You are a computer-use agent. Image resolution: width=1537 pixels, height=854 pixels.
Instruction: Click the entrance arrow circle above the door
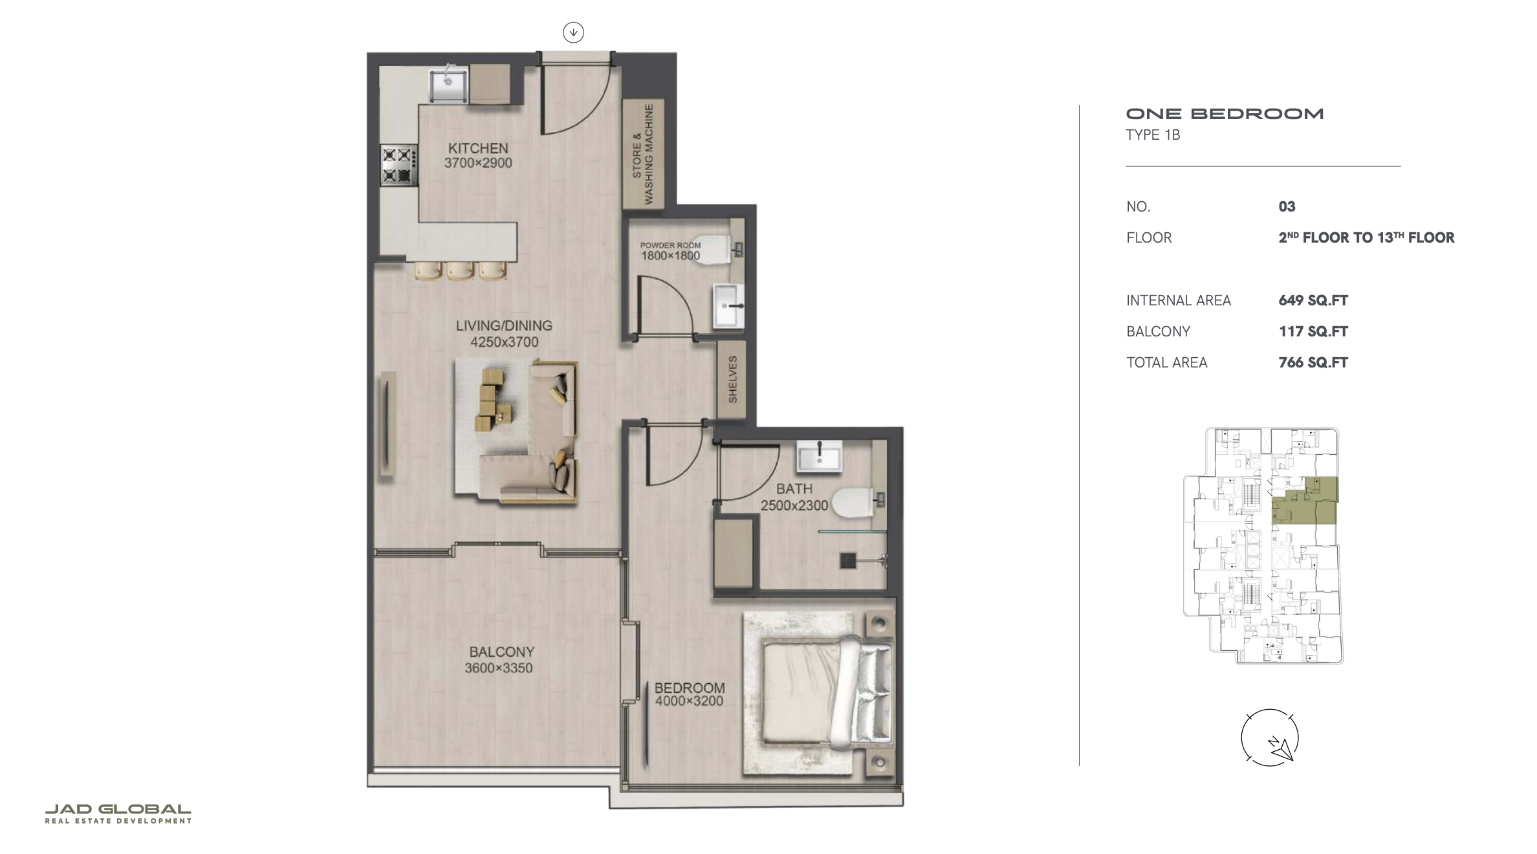[573, 32]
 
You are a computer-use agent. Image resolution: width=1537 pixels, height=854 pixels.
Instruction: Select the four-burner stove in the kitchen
[398, 164]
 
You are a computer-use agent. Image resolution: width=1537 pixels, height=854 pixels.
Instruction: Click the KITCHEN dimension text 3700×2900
[478, 163]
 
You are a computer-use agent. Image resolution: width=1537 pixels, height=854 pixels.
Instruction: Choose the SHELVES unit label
[732, 379]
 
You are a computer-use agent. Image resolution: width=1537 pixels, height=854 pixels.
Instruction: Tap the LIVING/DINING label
[504, 325]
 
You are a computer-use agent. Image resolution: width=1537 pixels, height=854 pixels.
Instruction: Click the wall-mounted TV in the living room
[387, 423]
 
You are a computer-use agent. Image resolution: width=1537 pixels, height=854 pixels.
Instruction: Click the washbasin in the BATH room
[820, 455]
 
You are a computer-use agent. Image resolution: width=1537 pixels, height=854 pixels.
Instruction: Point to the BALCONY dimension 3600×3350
[499, 668]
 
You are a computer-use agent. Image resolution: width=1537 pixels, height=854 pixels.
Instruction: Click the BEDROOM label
[690, 688]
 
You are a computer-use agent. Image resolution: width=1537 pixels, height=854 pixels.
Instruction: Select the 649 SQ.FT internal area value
[1313, 300]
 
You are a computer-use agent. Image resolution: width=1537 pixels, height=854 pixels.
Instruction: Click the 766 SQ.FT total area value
[1313, 362]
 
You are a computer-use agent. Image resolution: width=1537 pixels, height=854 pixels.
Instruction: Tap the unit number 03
[1287, 206]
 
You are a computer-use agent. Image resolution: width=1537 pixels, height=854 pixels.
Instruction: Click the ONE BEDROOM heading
[1225, 114]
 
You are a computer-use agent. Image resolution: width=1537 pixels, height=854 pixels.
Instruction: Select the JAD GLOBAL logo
[118, 813]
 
